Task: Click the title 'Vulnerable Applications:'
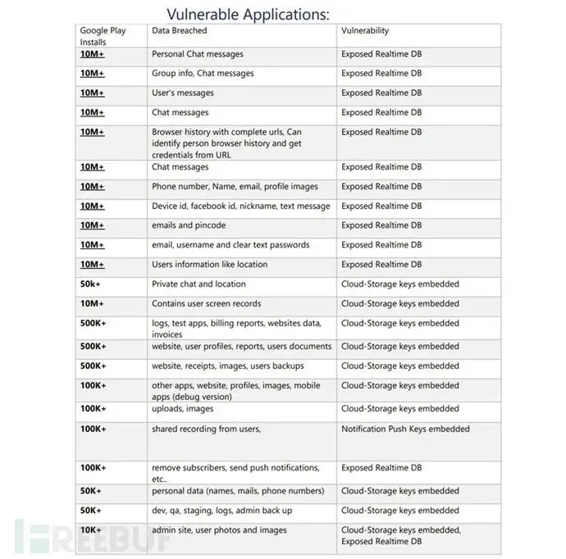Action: pyautogui.click(x=248, y=14)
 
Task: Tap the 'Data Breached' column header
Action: pyautogui.click(x=180, y=31)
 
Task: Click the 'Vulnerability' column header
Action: pyautogui.click(x=365, y=31)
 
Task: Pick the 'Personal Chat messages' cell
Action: pyautogui.click(x=198, y=54)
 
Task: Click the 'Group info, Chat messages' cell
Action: pyautogui.click(x=203, y=74)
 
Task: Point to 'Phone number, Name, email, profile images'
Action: pyautogui.click(x=235, y=187)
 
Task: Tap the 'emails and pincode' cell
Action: pyautogui.click(x=189, y=225)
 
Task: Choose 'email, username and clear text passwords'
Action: pyautogui.click(x=231, y=245)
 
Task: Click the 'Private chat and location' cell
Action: pyautogui.click(x=199, y=284)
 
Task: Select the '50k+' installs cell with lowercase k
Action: pyautogui.click(x=91, y=284)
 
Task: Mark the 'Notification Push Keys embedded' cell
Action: pyautogui.click(x=405, y=429)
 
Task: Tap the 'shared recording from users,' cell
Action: pyautogui.click(x=206, y=429)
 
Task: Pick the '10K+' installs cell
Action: pyautogui.click(x=91, y=530)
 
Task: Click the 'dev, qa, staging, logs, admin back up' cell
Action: pyautogui.click(x=221, y=511)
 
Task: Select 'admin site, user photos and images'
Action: pyautogui.click(x=219, y=530)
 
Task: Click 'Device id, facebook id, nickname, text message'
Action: pyautogui.click(x=241, y=207)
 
